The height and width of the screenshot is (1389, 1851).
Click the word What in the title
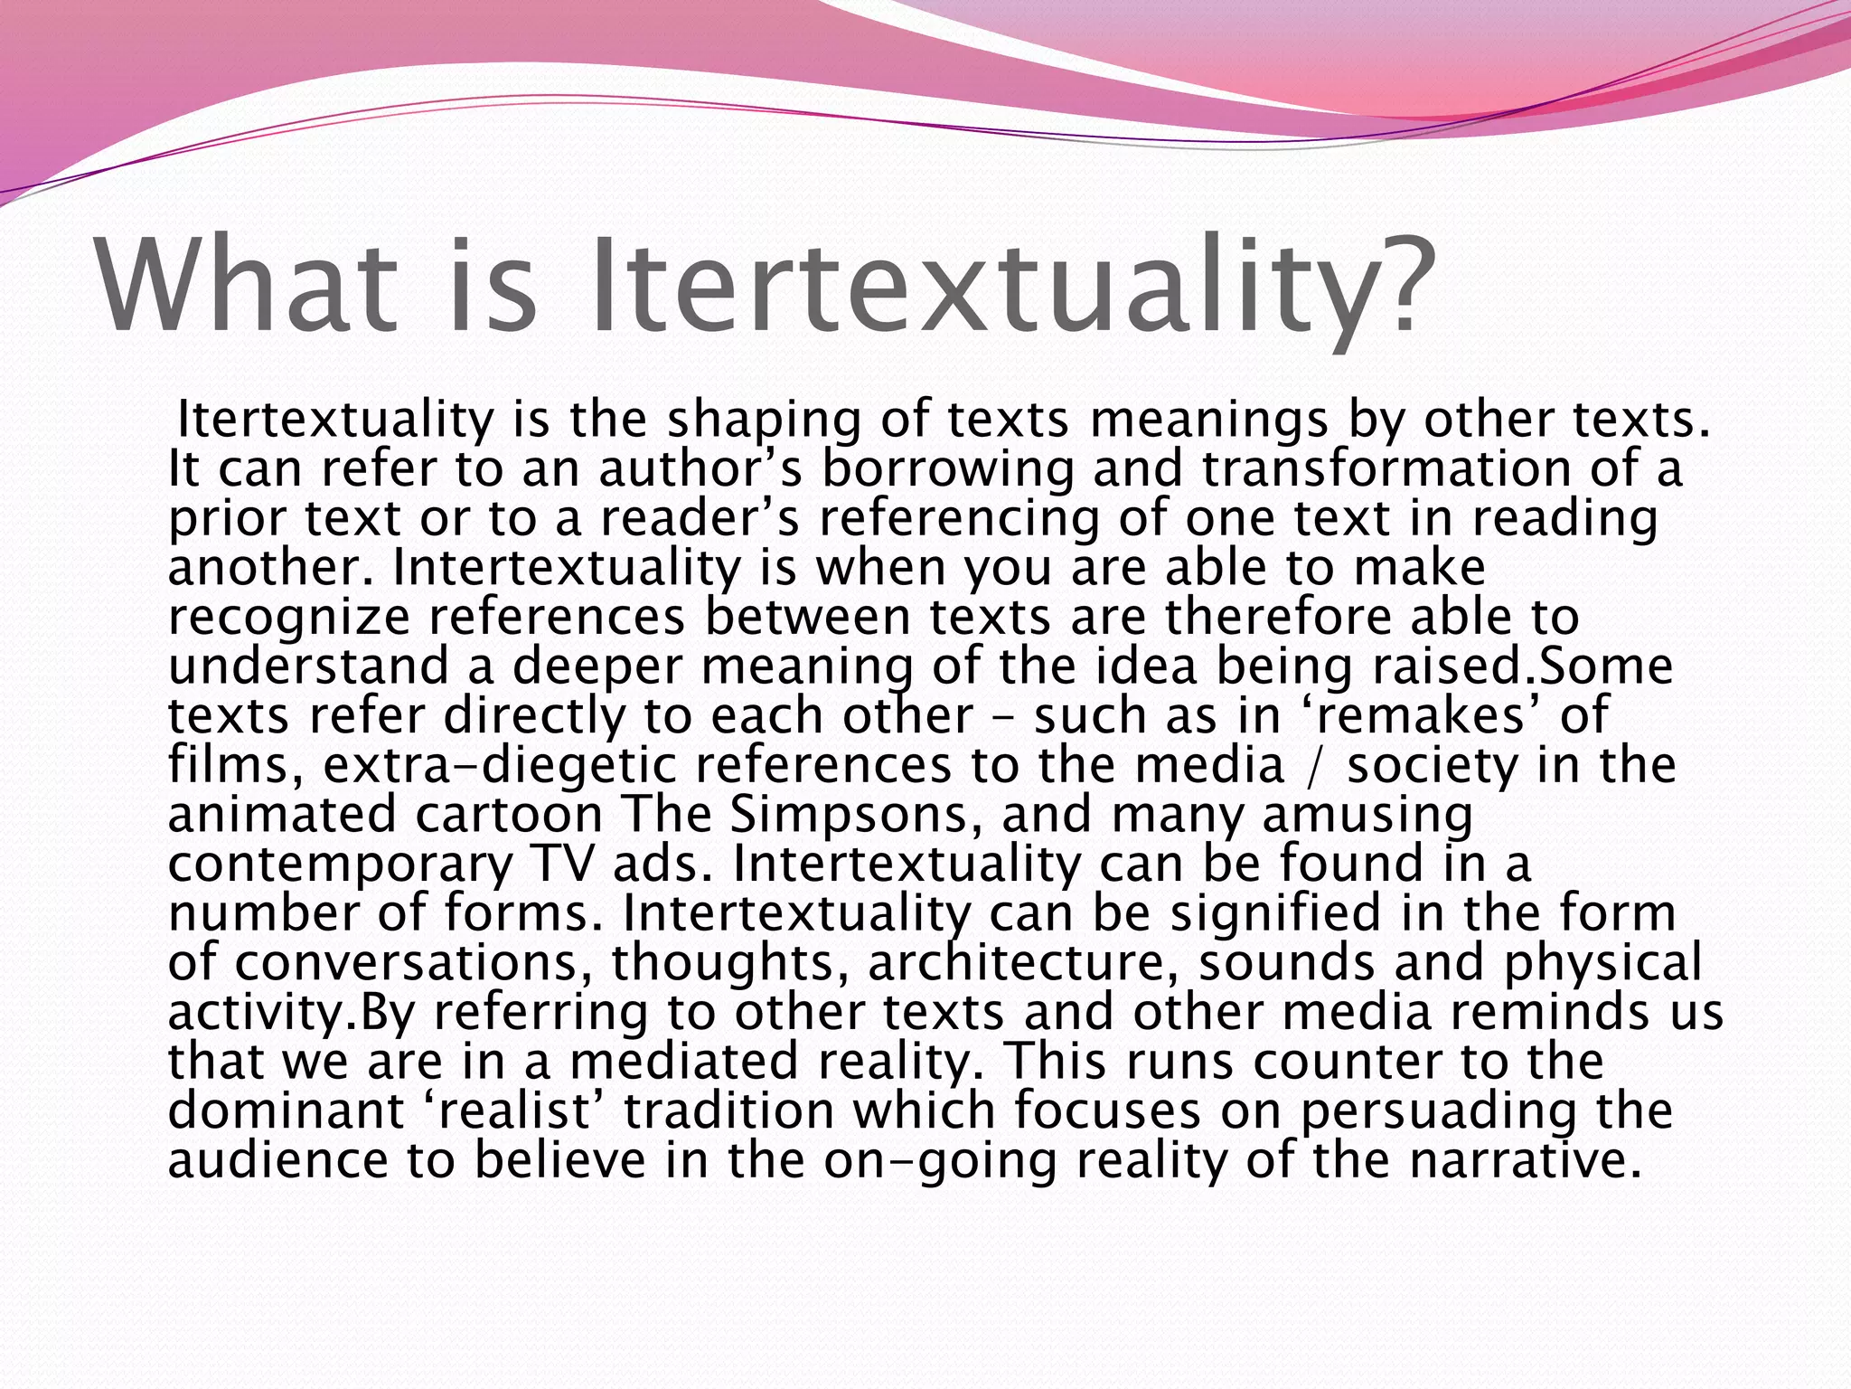pyautogui.click(x=246, y=288)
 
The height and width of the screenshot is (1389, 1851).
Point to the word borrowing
pyautogui.click(x=948, y=469)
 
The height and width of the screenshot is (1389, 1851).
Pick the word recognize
pyautogui.click(x=289, y=618)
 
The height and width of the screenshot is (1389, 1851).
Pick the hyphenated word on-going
pyautogui.click(x=940, y=1161)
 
